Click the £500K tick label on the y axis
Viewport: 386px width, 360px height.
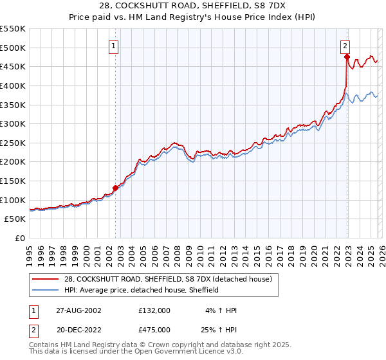click(x=12, y=48)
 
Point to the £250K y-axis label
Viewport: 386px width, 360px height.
click(x=12, y=143)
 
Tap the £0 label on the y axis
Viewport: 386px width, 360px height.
click(x=21, y=238)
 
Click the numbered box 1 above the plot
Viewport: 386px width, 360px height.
click(x=114, y=46)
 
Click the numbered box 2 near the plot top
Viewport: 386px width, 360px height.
click(x=345, y=46)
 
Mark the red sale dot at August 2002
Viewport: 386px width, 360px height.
click(x=116, y=188)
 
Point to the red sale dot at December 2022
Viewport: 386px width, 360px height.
click(x=347, y=57)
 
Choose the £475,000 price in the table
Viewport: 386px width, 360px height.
click(x=154, y=329)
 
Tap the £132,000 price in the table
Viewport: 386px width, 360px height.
click(x=154, y=310)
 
